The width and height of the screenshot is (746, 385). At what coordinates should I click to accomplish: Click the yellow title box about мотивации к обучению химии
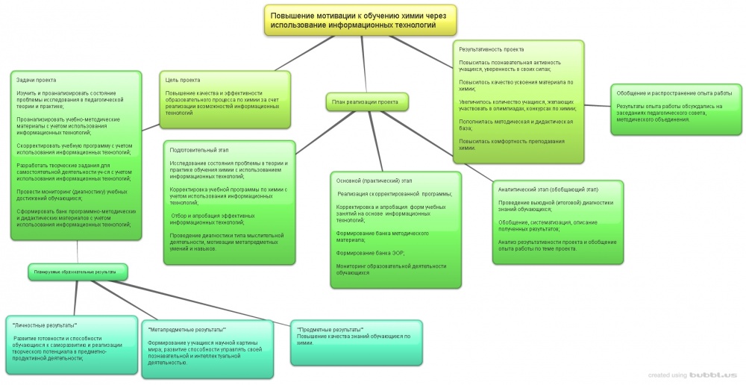[360, 19]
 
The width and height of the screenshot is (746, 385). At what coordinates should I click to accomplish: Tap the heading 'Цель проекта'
[183, 80]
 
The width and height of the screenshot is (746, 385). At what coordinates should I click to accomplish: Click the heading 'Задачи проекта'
[37, 80]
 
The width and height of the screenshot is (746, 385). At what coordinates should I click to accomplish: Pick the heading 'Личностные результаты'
[46, 325]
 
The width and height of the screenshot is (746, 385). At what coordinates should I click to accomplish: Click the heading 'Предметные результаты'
[330, 329]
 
